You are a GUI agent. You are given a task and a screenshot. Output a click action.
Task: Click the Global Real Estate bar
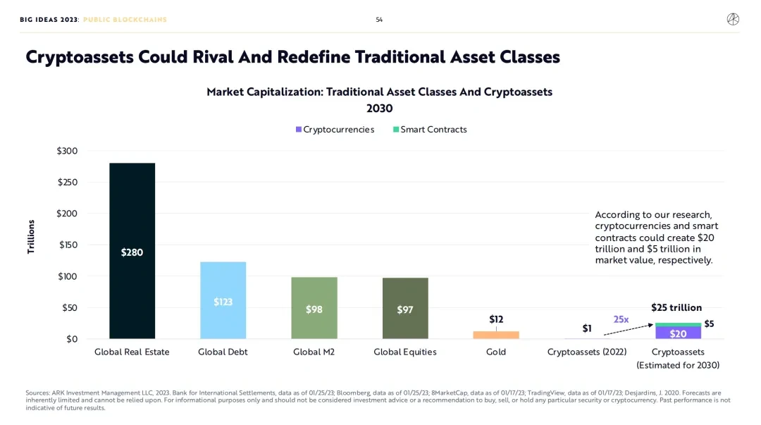pos(132,251)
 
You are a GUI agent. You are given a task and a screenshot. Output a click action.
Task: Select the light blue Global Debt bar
pos(223,301)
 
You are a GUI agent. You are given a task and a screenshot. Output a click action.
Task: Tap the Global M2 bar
pos(314,308)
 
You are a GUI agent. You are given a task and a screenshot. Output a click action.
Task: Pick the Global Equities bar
pos(404,309)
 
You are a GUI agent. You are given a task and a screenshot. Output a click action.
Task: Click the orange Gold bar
pos(496,335)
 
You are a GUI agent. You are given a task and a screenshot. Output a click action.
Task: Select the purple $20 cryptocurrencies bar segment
pos(678,333)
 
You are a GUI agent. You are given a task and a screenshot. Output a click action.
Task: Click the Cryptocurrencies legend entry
pos(335,130)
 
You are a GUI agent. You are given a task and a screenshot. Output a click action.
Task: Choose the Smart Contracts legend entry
pos(430,130)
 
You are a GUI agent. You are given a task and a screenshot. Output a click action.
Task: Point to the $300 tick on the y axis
pos(68,151)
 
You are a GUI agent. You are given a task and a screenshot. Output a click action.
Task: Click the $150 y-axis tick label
pos(68,245)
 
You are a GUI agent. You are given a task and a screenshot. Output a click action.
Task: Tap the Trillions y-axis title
pos(31,237)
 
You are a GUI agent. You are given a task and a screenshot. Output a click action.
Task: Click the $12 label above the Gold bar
pos(496,319)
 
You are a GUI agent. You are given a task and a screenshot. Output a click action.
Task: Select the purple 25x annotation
pos(621,319)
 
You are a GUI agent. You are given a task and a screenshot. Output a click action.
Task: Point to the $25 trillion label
pos(676,307)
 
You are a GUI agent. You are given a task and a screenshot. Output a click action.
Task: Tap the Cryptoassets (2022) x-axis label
pos(586,352)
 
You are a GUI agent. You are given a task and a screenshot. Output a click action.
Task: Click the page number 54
pos(379,20)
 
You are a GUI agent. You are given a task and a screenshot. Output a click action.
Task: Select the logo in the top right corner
pos(733,20)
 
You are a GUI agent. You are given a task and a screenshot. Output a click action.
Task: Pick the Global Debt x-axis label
pos(223,352)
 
